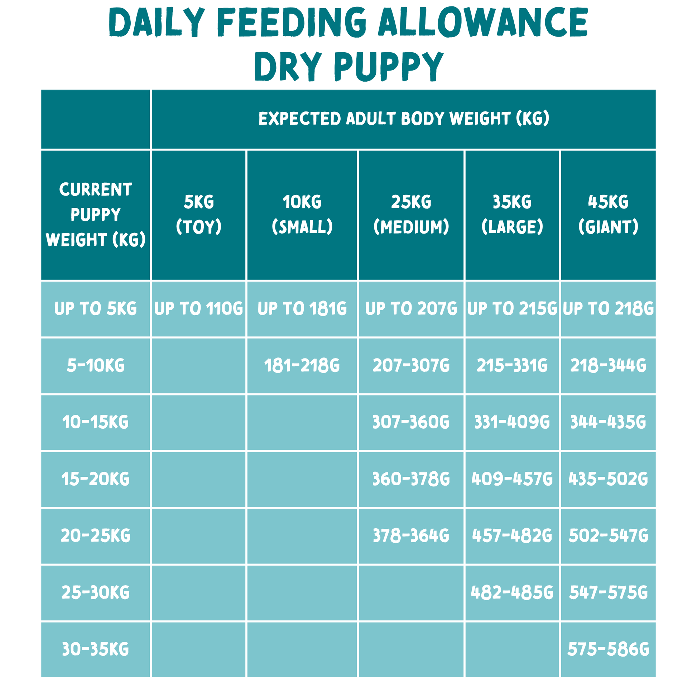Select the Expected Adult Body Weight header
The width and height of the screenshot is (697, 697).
click(404, 119)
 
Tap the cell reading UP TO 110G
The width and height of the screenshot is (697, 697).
click(199, 309)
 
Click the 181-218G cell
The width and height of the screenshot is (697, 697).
click(302, 365)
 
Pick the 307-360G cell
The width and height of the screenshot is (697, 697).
click(411, 422)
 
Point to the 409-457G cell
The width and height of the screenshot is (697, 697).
click(512, 479)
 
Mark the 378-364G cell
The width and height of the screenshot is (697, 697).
click(411, 535)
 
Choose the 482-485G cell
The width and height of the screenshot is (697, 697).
click(512, 592)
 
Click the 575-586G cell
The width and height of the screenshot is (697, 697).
click(608, 649)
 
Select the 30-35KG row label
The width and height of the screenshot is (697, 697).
click(96, 649)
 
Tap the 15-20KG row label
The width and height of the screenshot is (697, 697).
click(96, 479)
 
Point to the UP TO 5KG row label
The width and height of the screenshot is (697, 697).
click(96, 309)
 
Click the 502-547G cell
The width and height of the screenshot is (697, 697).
click(608, 535)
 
